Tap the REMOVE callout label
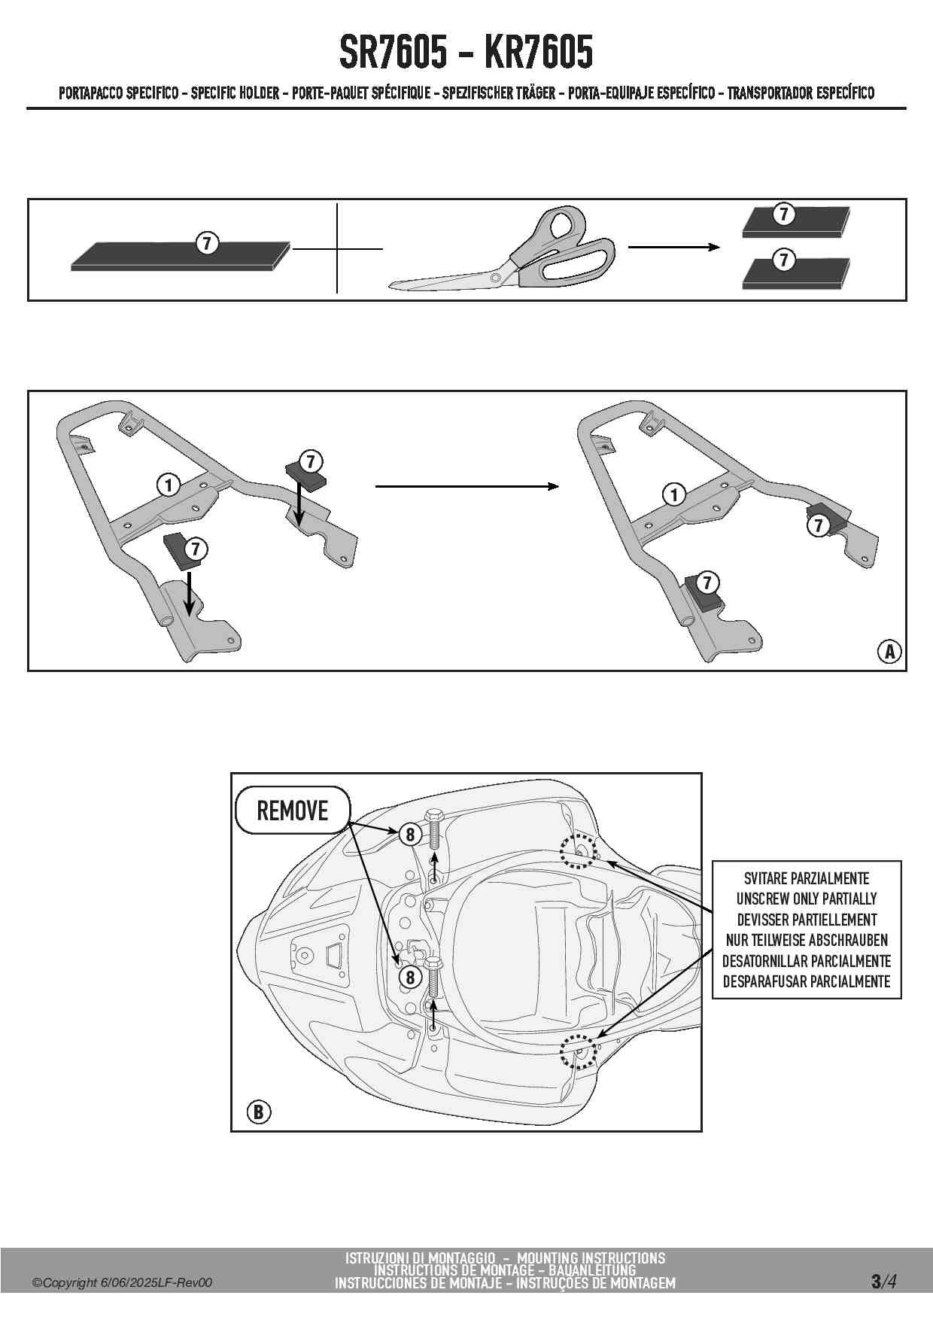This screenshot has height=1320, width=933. tap(293, 811)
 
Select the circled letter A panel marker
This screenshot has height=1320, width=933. tap(889, 651)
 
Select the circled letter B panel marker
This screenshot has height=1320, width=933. tap(258, 1112)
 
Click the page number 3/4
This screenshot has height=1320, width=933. tap(883, 1281)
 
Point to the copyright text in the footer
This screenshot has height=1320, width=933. tap(122, 1283)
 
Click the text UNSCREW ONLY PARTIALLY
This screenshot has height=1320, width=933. tap(807, 899)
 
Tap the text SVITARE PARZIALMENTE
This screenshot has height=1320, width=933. tap(807, 878)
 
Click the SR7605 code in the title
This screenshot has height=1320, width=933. tap(393, 53)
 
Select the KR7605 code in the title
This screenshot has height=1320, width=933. tap(539, 53)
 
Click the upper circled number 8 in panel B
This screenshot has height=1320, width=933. tap(410, 834)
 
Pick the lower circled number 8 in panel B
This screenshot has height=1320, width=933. tap(410, 977)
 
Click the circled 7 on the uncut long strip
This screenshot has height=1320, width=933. tap(207, 243)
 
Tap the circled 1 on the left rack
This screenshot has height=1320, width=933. tap(169, 485)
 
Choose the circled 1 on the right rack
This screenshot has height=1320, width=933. tap(674, 494)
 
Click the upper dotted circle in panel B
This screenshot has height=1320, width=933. tap(578, 850)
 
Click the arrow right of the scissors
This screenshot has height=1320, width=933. tap(673, 247)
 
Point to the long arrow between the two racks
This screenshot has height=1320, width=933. tap(466, 487)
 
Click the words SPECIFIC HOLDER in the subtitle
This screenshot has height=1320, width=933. tap(235, 93)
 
